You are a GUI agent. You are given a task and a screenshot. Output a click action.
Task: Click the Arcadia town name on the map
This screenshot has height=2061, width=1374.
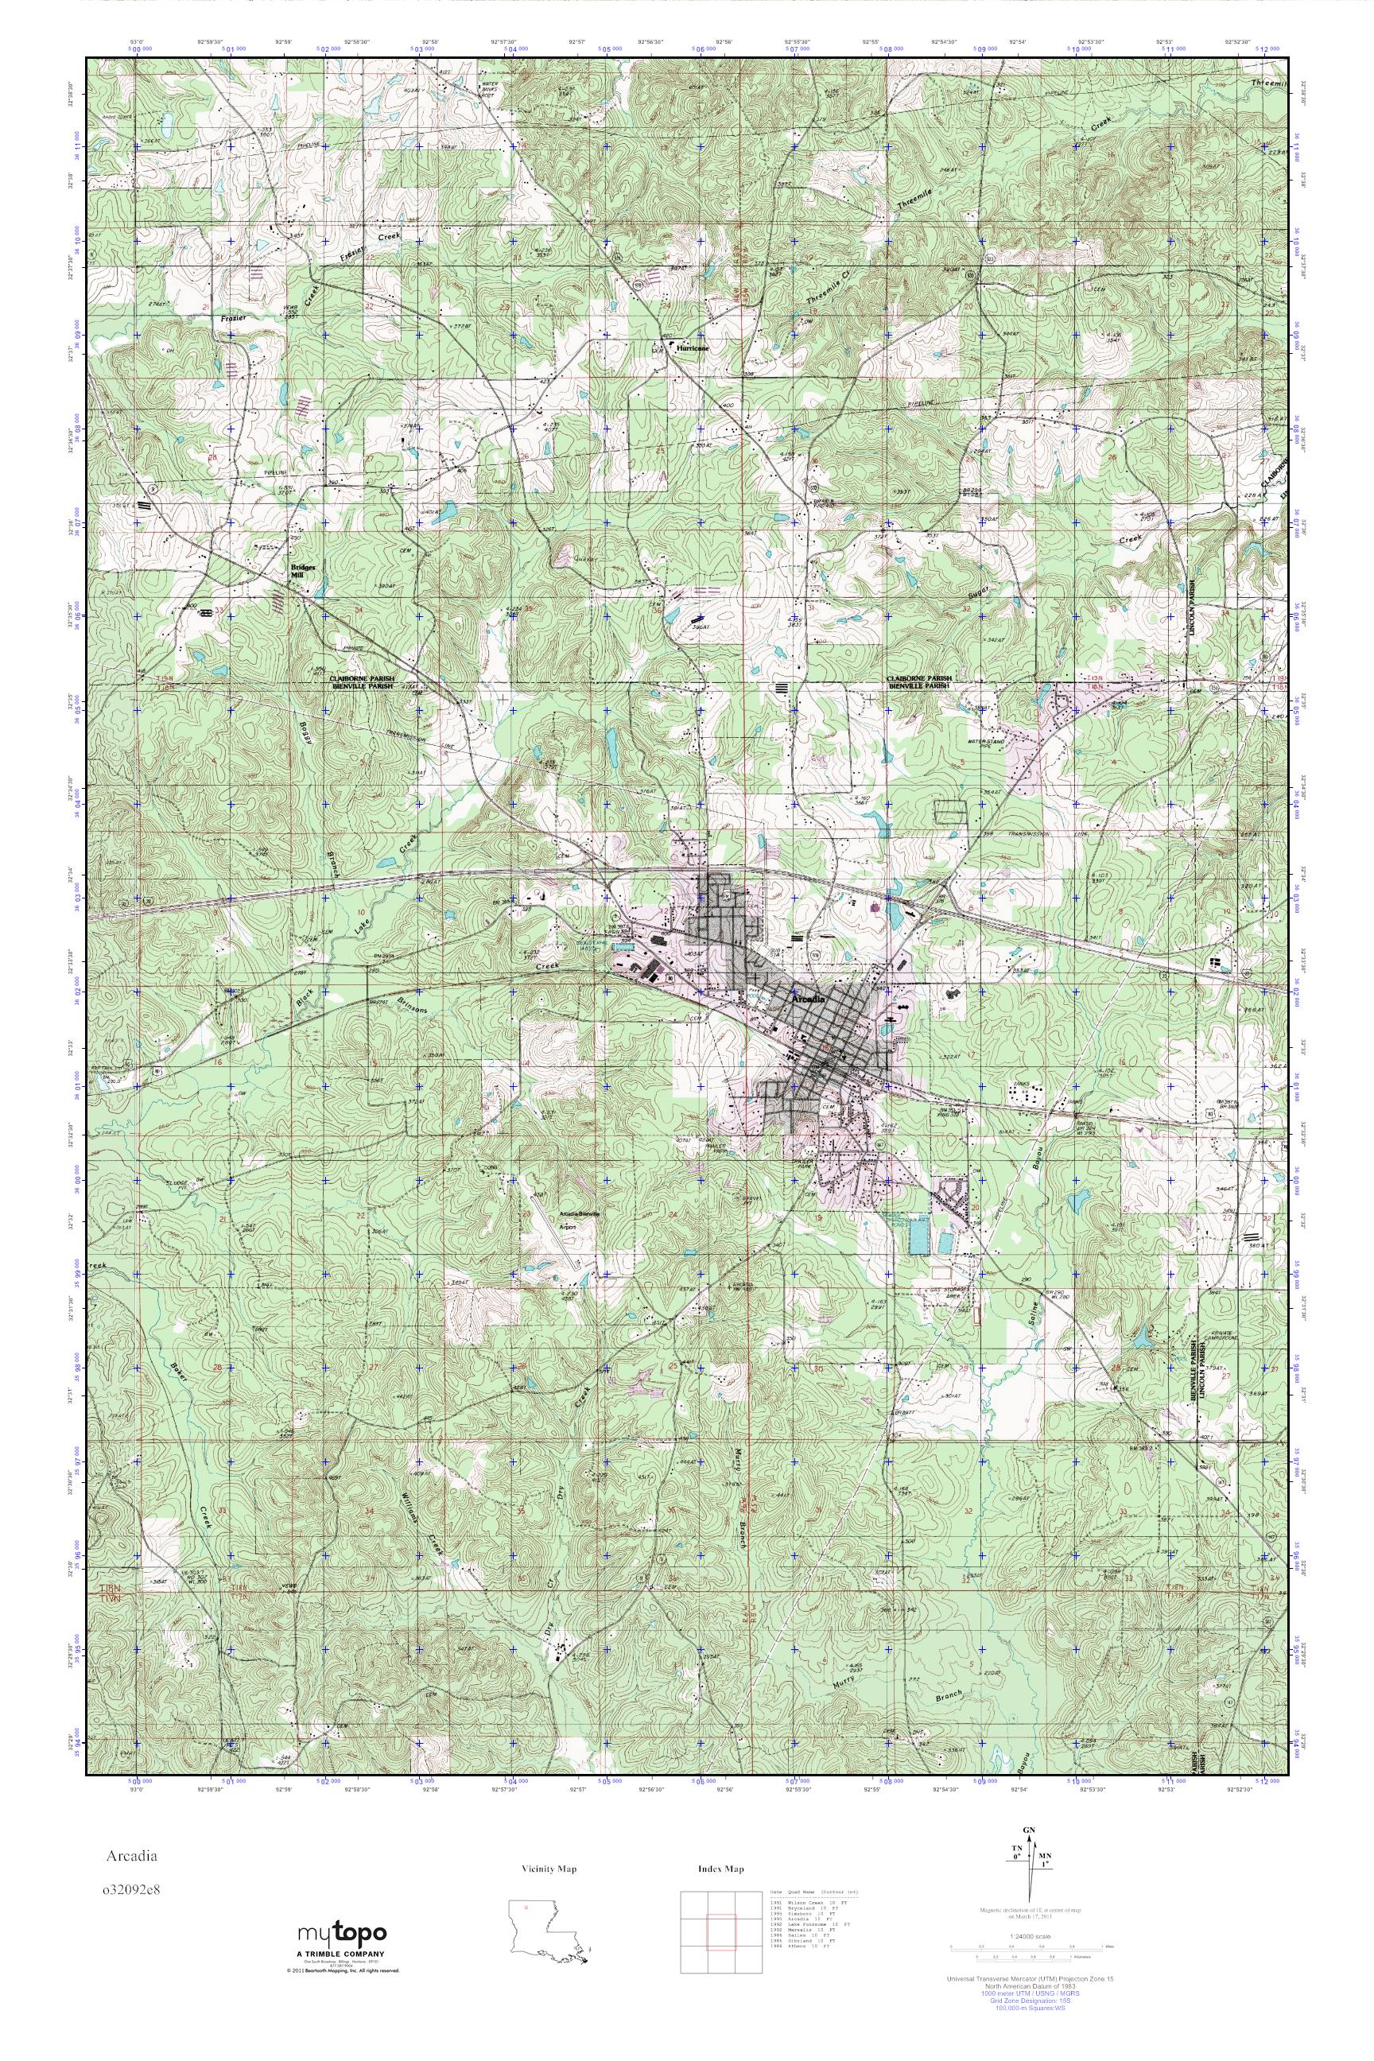pyautogui.click(x=807, y=998)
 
